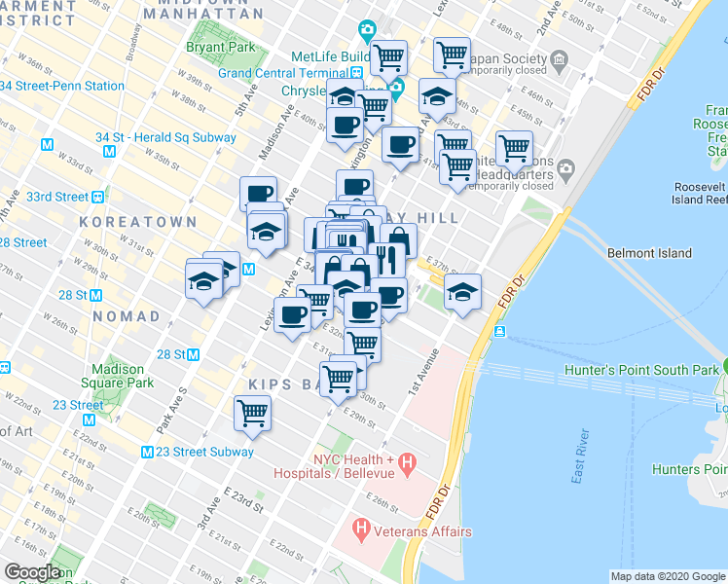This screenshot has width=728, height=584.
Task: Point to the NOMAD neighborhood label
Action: (x=127, y=316)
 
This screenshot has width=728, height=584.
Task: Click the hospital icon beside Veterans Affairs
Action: (x=361, y=531)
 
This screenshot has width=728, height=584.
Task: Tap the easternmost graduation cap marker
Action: (x=462, y=291)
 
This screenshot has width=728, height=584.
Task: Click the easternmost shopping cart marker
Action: (x=513, y=148)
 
